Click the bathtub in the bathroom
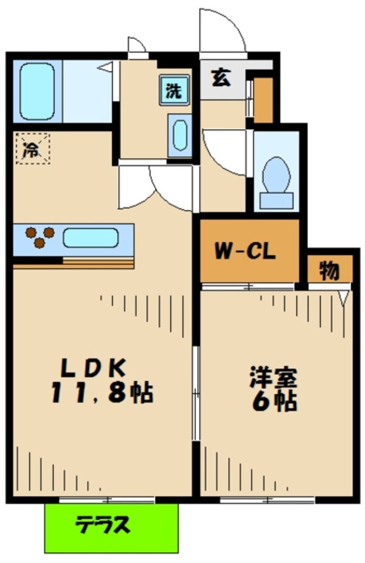(37, 92)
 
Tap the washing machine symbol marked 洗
(175, 90)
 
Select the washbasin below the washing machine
(180, 135)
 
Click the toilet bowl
(276, 175)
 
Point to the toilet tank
(276, 200)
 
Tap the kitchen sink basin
(91, 237)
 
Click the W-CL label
(245, 251)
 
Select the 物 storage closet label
(329, 271)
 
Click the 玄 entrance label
(221, 77)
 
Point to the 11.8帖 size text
(102, 392)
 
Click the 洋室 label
(274, 377)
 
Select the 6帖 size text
(275, 401)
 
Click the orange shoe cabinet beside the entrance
(263, 100)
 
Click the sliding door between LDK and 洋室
(196, 393)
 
